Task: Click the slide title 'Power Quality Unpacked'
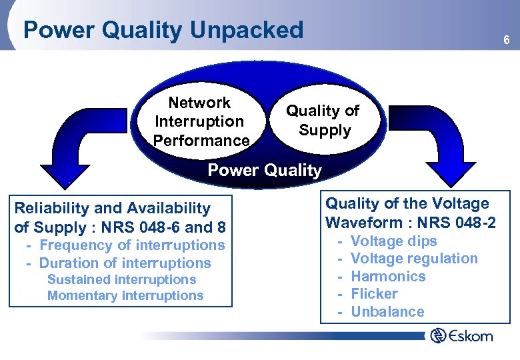163,30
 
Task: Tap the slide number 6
506,41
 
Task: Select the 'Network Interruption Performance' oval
199,121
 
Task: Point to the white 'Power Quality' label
264,170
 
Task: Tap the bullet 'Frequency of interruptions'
132,245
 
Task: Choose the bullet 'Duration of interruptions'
125,263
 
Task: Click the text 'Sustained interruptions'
121,279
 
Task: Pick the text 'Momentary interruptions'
125,295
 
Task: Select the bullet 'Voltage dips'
393,241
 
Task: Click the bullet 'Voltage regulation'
414,258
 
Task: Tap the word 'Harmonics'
388,276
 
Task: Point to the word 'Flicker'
374,293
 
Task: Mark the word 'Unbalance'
387,311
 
